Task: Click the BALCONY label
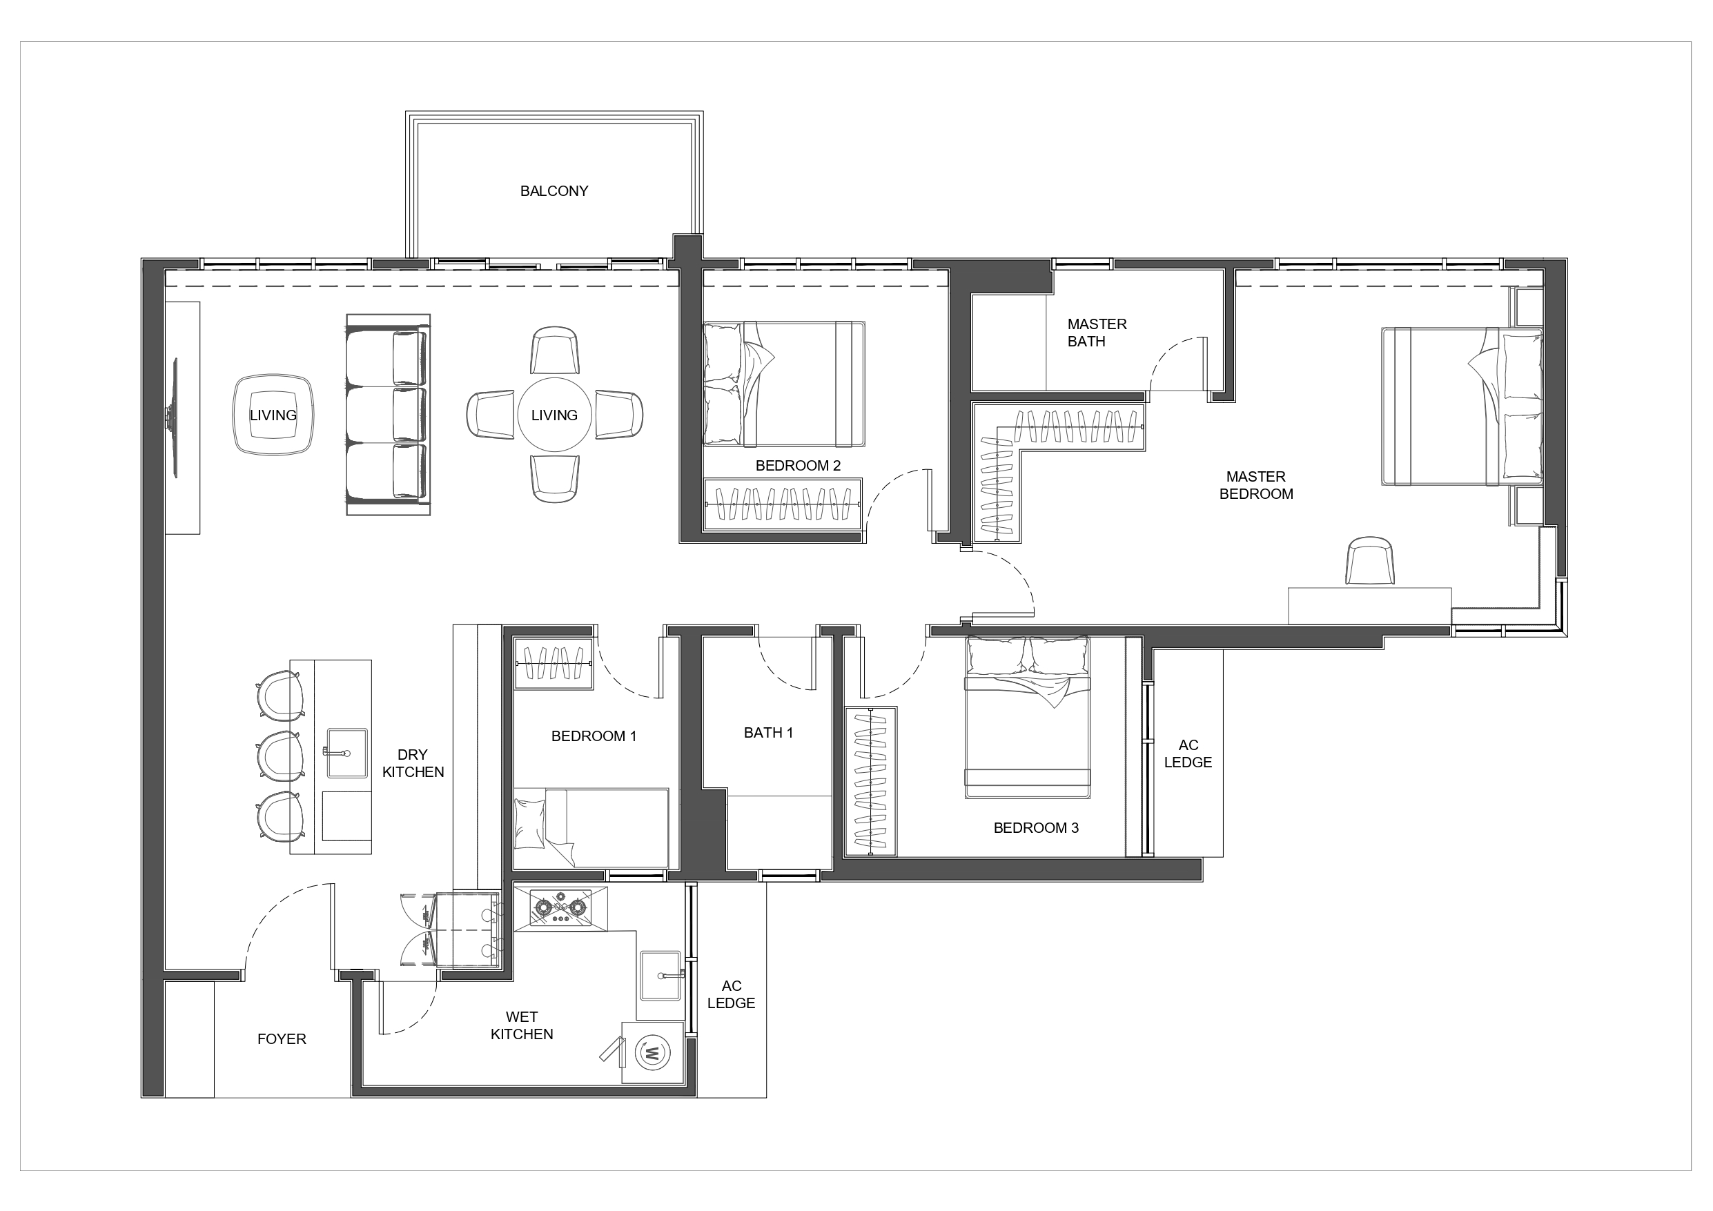(554, 191)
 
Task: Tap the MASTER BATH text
(1096, 333)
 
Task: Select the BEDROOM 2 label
(798, 466)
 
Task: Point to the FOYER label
(282, 1038)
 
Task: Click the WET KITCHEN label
(522, 1025)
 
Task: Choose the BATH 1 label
(767, 733)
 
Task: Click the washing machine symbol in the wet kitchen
(652, 1053)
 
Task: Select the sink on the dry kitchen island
(346, 752)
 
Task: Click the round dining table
(554, 415)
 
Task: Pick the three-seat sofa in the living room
(388, 415)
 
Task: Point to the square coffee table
(273, 415)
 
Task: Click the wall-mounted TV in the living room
(175, 418)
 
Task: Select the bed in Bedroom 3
(1028, 718)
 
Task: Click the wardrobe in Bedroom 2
(783, 504)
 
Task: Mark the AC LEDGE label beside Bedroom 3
(1188, 754)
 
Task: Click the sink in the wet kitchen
(660, 975)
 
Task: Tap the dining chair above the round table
(554, 350)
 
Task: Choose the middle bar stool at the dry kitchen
(280, 755)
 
